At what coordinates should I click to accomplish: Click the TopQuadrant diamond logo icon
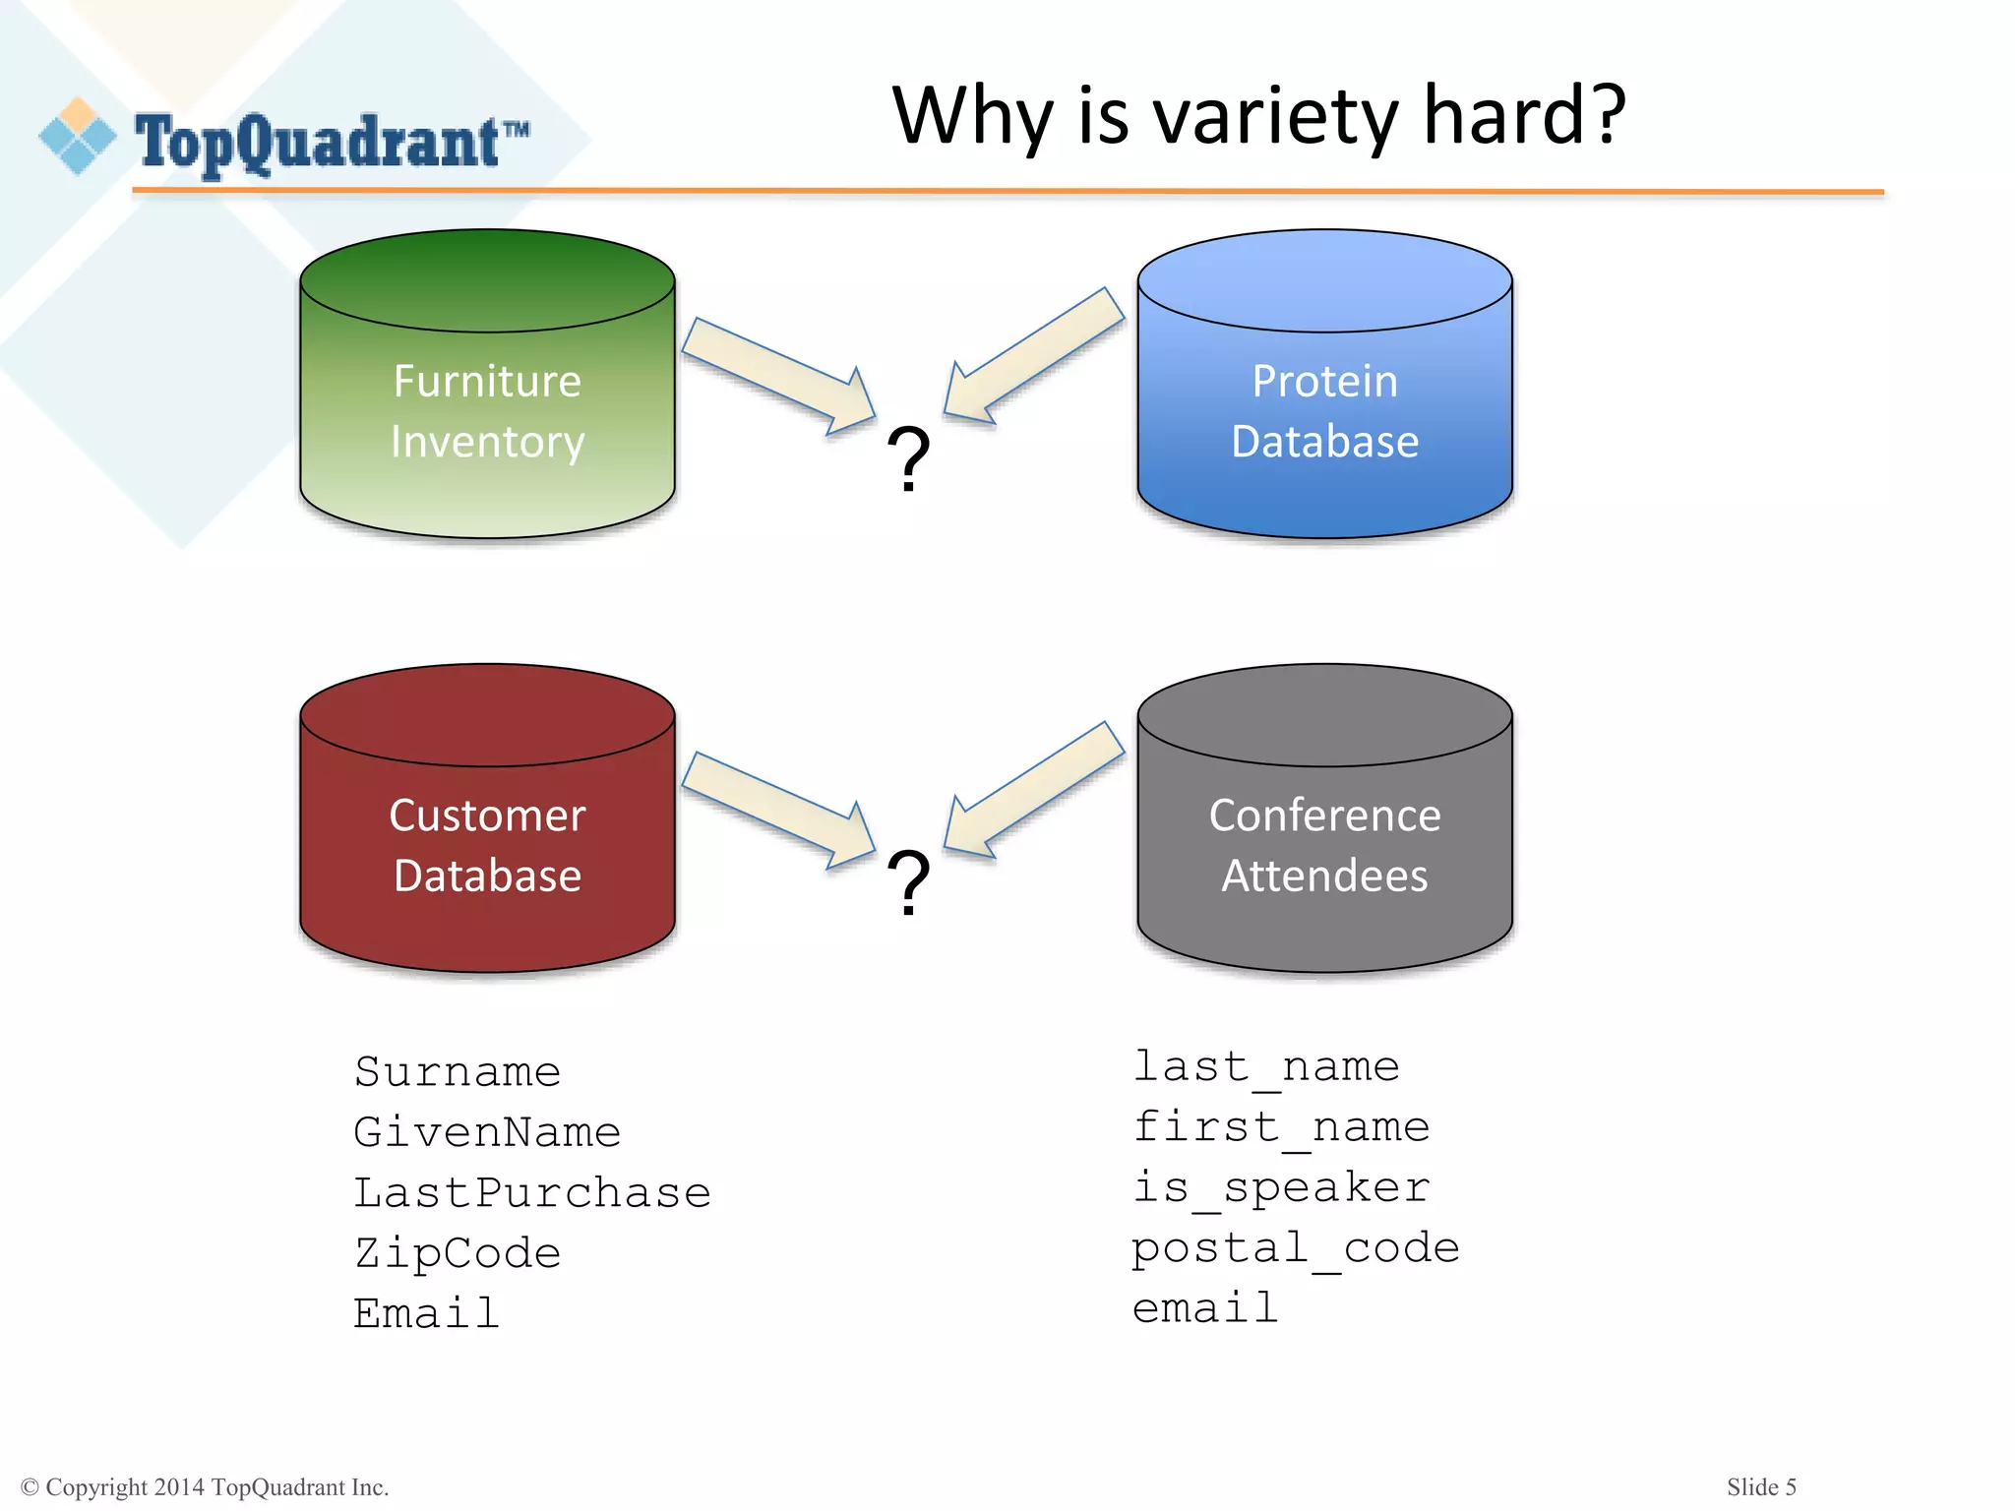click(x=77, y=137)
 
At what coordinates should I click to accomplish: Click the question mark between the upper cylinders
click(x=908, y=458)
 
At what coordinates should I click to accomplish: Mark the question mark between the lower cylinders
click(x=908, y=882)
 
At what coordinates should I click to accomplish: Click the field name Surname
click(x=458, y=1071)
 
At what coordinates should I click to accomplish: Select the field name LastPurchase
click(x=532, y=1192)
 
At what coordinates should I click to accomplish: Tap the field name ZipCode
click(x=458, y=1253)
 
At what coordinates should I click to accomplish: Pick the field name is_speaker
click(x=1281, y=1187)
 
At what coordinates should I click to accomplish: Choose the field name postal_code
click(x=1296, y=1248)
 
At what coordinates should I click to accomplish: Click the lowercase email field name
click(x=1205, y=1308)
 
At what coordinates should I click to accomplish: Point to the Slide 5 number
click(x=1761, y=1486)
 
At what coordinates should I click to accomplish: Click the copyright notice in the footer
click(x=205, y=1486)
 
